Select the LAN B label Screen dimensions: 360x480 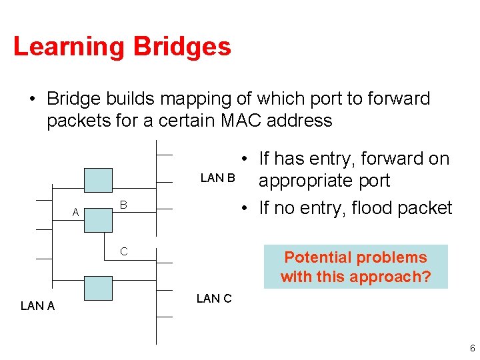[x=218, y=178]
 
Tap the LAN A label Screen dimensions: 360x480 [x=38, y=306]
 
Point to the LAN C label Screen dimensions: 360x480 [x=214, y=299]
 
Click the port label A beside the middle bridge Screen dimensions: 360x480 [x=75, y=213]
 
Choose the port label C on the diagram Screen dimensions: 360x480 [x=123, y=251]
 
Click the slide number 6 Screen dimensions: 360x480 [x=472, y=349]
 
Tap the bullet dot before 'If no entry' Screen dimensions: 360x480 [x=246, y=208]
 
